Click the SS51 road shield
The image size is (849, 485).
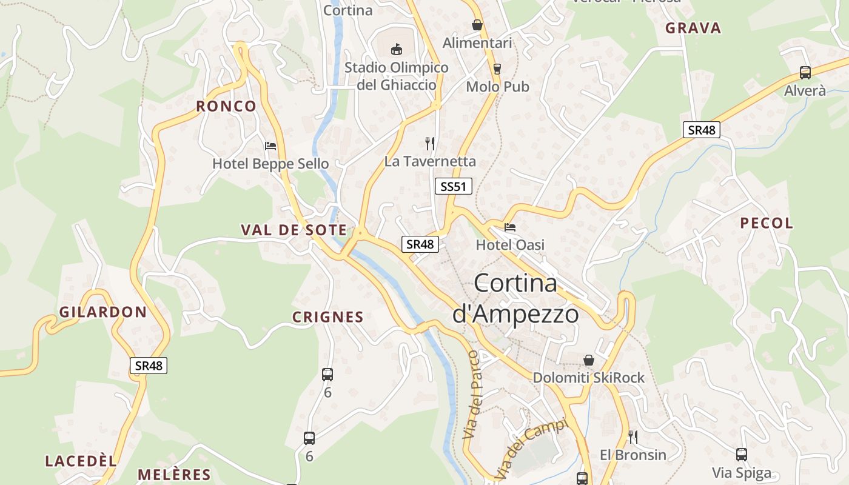pos(454,186)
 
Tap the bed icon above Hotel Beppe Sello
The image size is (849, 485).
pos(270,146)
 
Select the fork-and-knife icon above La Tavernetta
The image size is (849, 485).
pos(430,144)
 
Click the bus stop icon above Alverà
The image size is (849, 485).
pos(805,73)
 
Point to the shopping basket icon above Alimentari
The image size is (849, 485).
pos(477,25)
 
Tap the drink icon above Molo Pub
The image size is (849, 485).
pos(497,69)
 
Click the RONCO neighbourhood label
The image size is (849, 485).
pos(226,107)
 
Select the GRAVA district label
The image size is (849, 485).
pos(693,28)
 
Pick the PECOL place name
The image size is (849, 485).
pos(767,223)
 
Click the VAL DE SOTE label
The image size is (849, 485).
pos(294,230)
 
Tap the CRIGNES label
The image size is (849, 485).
pos(328,317)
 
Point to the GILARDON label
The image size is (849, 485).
pos(103,313)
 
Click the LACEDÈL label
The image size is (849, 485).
pos(81,461)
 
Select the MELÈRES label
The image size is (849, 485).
pos(174,475)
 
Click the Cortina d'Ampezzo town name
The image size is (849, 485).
pos(515,298)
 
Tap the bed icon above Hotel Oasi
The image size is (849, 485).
pos(510,227)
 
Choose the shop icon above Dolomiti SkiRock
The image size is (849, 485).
pos(588,360)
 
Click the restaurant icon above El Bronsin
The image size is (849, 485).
pos(633,436)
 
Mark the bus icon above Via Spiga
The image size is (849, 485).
pos(741,454)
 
